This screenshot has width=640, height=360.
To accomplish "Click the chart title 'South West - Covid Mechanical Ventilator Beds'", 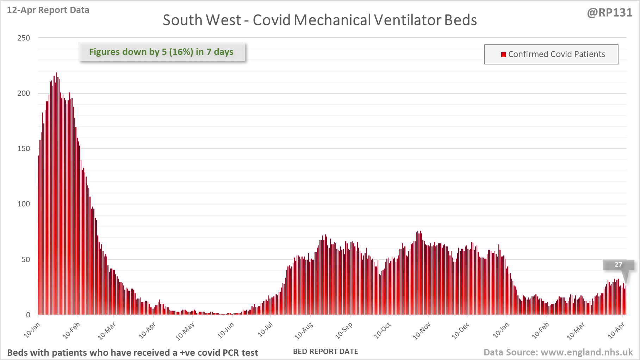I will click(x=319, y=20).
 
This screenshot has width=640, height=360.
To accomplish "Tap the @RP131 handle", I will click(x=609, y=13).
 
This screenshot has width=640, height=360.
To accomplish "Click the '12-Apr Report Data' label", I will click(x=48, y=10).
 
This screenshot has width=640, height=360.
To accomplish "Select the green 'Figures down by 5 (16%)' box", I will click(x=161, y=52).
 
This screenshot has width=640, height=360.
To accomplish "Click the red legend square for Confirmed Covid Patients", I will click(x=503, y=54).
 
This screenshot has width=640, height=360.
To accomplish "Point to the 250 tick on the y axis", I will click(x=24, y=38).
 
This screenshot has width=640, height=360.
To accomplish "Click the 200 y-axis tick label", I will click(x=24, y=93).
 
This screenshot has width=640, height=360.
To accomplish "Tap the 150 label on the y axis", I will click(x=24, y=148).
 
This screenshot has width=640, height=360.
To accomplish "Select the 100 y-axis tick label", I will click(x=24, y=204).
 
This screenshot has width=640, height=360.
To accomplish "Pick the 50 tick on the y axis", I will click(x=25, y=259).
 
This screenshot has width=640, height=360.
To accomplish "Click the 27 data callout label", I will click(x=618, y=265).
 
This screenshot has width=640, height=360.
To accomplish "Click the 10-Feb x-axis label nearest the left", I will click(x=72, y=331).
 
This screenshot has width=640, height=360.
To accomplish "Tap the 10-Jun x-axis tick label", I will click(x=225, y=331).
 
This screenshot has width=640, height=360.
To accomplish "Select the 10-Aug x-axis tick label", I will click(x=304, y=331).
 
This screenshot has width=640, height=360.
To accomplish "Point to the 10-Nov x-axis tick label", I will click(x=421, y=331).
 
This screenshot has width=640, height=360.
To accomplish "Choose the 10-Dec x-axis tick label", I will click(x=460, y=331).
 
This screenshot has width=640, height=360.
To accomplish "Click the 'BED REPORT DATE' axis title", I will click(x=325, y=352).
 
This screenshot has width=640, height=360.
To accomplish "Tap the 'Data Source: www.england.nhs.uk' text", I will click(x=558, y=352).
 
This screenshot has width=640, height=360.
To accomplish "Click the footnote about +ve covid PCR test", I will click(x=132, y=353).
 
